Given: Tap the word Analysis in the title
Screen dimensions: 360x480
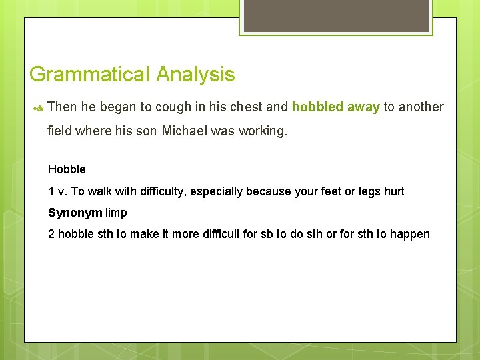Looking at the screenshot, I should [x=195, y=74].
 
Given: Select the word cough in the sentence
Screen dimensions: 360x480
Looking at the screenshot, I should [x=173, y=107].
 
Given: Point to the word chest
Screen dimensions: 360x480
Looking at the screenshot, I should [x=247, y=107].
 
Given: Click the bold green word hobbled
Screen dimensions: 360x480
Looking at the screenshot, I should [x=317, y=107].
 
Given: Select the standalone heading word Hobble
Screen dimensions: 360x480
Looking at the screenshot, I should [x=67, y=169].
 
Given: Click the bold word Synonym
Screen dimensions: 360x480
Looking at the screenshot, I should [x=75, y=213].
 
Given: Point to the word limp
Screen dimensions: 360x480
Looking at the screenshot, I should [x=116, y=213].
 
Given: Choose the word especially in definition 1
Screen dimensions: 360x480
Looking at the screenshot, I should [x=217, y=191].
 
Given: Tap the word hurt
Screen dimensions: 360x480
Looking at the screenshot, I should [x=393, y=191].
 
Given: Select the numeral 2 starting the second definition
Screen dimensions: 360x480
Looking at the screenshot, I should [x=51, y=234].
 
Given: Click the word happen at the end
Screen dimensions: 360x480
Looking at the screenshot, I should [x=411, y=234].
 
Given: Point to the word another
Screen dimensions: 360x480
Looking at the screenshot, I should [x=421, y=107].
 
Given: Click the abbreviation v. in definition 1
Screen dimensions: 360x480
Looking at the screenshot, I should [x=63, y=191].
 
